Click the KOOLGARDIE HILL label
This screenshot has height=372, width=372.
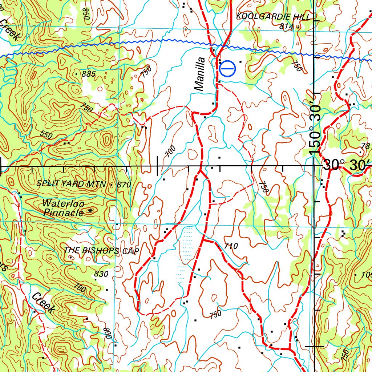273,17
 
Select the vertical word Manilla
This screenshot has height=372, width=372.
200,74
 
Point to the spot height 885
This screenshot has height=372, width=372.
89,74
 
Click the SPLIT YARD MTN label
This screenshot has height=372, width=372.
71,184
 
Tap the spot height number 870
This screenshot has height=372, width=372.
124,185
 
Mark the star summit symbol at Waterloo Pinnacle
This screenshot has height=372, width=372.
90,210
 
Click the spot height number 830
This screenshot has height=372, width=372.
101,274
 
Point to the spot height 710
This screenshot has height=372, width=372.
231,246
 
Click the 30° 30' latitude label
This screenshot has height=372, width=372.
347,166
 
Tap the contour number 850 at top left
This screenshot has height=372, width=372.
86,14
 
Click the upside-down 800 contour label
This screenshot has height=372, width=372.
108,333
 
